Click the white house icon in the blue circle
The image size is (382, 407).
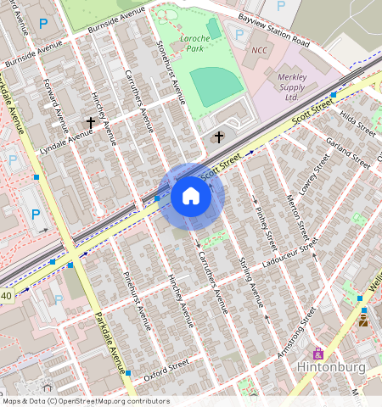[x=191, y=197]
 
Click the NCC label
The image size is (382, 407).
[x=259, y=50]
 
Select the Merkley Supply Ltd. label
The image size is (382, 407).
[x=291, y=86]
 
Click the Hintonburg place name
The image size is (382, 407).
[x=330, y=367]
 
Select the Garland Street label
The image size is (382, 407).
[x=351, y=148]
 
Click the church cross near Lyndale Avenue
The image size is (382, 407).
[x=91, y=124]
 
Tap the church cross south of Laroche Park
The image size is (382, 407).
[x=218, y=137]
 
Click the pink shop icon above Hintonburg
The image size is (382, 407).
[x=318, y=353]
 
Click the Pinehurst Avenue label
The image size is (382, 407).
[x=137, y=298]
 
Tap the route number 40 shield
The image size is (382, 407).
[x=7, y=296]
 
